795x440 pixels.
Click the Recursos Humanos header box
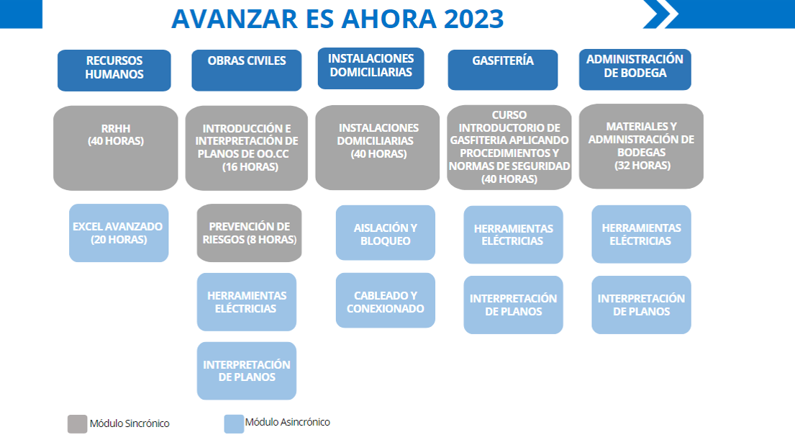(x=114, y=71)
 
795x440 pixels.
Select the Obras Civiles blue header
(x=246, y=71)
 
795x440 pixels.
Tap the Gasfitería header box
(x=502, y=70)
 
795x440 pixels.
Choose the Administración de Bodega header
(x=635, y=70)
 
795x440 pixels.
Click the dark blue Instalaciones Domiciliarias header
(x=371, y=68)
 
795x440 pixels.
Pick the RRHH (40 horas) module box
(x=116, y=148)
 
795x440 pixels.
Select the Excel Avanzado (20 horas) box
(x=119, y=233)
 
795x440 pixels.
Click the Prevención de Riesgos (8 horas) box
(x=249, y=233)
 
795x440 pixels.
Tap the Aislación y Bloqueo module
(x=386, y=233)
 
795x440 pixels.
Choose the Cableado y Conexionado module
(x=386, y=300)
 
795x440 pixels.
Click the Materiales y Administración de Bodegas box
(x=641, y=147)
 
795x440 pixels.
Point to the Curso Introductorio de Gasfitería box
(x=509, y=148)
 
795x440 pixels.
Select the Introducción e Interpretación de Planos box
(x=246, y=148)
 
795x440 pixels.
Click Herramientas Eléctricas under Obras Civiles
(x=246, y=302)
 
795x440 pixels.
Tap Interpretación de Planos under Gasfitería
(x=513, y=305)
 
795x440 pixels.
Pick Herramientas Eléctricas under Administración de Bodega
(x=641, y=234)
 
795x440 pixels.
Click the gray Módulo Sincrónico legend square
(x=77, y=424)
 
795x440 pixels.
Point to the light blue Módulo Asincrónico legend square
(x=234, y=424)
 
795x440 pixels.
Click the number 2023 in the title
(x=473, y=19)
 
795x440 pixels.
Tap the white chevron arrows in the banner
(x=660, y=14)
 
